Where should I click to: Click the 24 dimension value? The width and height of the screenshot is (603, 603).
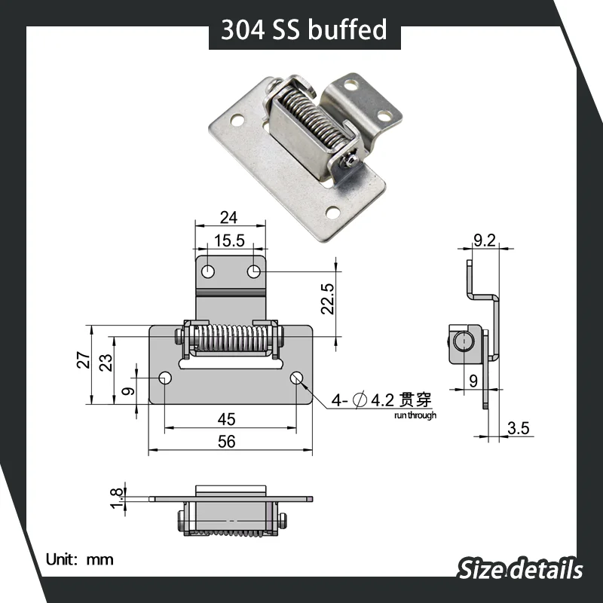pyautogui.click(x=229, y=218)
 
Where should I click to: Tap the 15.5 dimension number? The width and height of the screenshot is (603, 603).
pyautogui.click(x=229, y=240)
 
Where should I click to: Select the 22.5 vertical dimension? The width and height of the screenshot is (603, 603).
pyautogui.click(x=328, y=299)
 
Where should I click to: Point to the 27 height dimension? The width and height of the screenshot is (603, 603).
pyautogui.click(x=84, y=360)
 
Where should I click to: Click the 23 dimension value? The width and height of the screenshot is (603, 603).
pyautogui.click(x=106, y=363)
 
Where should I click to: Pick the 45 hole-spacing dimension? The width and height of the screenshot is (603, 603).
pyautogui.click(x=227, y=419)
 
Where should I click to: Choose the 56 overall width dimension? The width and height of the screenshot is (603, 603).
pyautogui.click(x=227, y=442)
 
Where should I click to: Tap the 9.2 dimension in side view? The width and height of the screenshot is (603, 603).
pyautogui.click(x=485, y=240)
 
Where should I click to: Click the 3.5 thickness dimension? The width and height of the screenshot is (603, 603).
pyautogui.click(x=518, y=428)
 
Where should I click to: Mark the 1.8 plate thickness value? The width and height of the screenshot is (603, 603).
pyautogui.click(x=118, y=498)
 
